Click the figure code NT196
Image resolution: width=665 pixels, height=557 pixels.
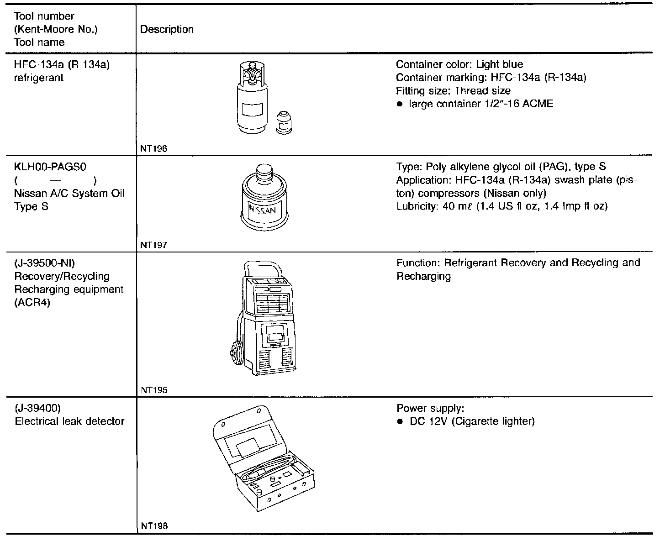pyautogui.click(x=153, y=149)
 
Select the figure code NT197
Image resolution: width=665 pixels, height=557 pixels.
pyautogui.click(x=153, y=245)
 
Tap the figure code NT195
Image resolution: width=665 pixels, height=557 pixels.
pyautogui.click(x=153, y=390)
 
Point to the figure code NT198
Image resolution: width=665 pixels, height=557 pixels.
pyautogui.click(x=154, y=526)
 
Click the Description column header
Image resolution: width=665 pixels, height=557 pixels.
pyautogui.click(x=167, y=30)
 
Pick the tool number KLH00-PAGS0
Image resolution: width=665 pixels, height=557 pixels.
pyautogui.click(x=50, y=167)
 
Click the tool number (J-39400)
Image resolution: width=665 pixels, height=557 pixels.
pyautogui.click(x=38, y=408)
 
